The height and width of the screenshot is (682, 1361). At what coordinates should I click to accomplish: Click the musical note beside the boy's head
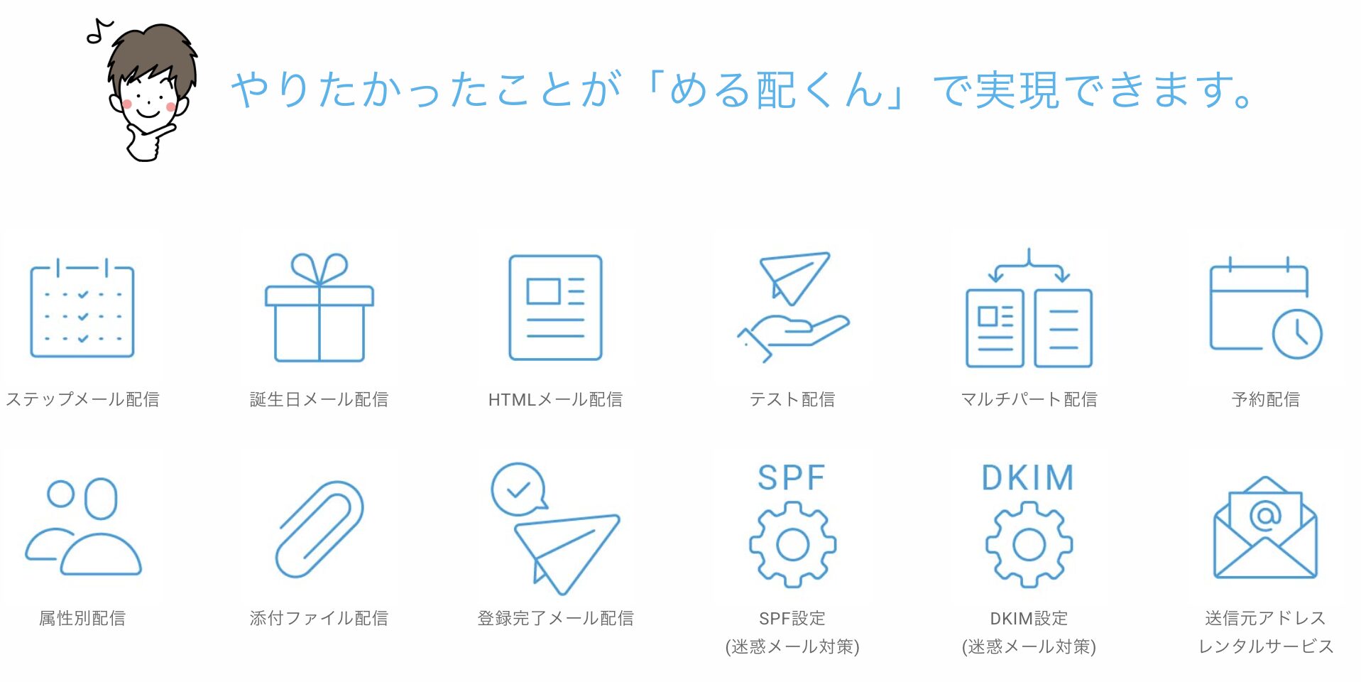pyautogui.click(x=99, y=31)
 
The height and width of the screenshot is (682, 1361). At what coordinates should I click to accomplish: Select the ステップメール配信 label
pyautogui.click(x=82, y=399)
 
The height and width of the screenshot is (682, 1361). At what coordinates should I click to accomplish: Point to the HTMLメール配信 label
pyautogui.click(x=555, y=399)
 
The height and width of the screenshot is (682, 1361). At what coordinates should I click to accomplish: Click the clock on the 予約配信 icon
pyautogui.click(x=1297, y=333)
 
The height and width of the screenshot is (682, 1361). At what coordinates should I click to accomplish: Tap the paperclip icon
pyautogui.click(x=319, y=529)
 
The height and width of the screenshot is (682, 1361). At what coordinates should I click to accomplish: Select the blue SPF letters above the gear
pyautogui.click(x=792, y=477)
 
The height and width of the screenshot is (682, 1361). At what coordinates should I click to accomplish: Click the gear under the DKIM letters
pyautogui.click(x=1029, y=545)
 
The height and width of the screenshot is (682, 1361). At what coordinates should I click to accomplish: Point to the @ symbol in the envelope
pyautogui.click(x=1265, y=514)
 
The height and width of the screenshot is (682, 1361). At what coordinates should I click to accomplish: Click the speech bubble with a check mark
pyautogui.click(x=519, y=489)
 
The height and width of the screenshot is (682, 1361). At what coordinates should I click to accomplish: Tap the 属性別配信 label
pyautogui.click(x=82, y=618)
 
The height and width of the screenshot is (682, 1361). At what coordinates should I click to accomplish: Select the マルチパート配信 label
pyautogui.click(x=1029, y=399)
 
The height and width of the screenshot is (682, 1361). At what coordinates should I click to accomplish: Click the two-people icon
pyautogui.click(x=83, y=526)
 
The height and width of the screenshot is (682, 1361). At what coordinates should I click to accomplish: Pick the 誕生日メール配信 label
pyautogui.click(x=319, y=399)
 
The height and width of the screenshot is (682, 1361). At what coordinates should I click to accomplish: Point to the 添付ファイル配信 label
pyautogui.click(x=319, y=618)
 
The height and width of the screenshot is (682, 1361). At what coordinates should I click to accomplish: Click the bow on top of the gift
pyautogui.click(x=319, y=269)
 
